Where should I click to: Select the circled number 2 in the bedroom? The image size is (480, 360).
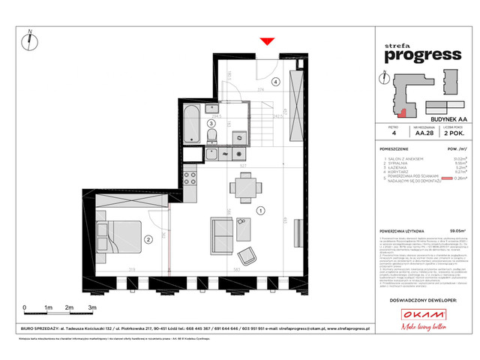tap(148, 240)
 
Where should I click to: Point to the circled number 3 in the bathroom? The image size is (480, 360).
tap(211, 125)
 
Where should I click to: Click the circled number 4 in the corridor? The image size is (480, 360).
tap(275, 82)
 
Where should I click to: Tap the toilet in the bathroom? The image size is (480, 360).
tap(213, 135)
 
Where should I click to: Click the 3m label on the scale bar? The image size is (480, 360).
tap(91, 308)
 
